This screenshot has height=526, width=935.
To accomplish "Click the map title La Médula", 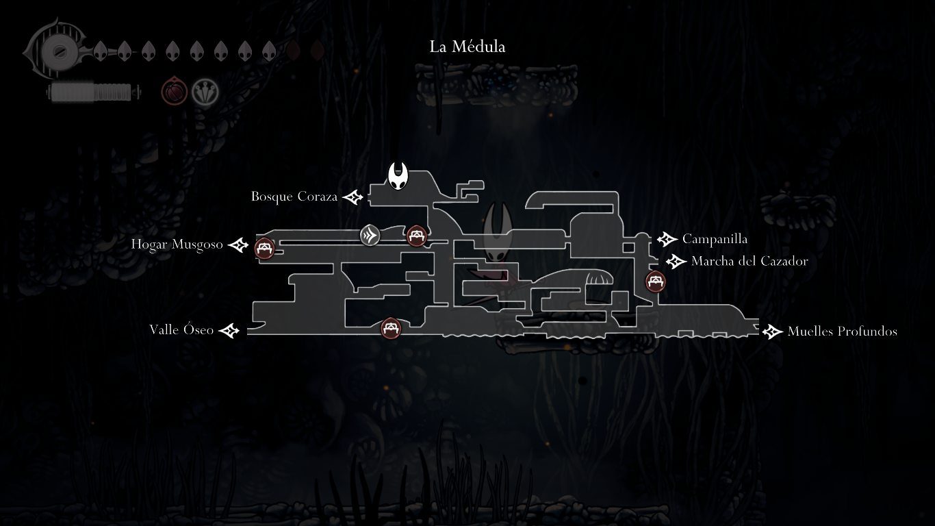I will pos(467,47).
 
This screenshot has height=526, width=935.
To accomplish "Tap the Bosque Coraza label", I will pos(294,197).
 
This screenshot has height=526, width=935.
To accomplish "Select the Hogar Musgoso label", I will pos(177,245).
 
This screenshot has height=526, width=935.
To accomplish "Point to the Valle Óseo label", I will pos(181,330).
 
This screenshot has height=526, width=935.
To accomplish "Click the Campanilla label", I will pos(715,239).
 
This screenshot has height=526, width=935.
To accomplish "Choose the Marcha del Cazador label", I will pos(750,261).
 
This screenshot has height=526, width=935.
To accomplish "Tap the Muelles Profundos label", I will pos(842,331).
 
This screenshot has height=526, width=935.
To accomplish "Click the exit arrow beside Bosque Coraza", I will pos(353,197).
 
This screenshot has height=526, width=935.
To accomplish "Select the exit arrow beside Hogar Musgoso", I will pos(238,245).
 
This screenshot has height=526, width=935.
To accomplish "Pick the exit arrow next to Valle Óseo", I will pos(229,331).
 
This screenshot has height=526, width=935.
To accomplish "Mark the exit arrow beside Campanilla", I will pos(667,239).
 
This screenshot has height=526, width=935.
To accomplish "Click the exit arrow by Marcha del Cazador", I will pos(676,261).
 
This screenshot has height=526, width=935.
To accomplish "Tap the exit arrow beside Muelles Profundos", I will pos(772,331).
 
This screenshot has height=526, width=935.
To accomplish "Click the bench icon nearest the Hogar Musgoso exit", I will pos(265,248).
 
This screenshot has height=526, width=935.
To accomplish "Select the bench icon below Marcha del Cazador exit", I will pos(656,281).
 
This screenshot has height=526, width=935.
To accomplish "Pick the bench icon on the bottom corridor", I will pos(391,328).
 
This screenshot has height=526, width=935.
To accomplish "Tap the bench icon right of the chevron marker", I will pos(417,236).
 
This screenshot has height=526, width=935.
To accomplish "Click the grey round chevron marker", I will pos(370,235).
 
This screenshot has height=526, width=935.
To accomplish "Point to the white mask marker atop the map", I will pos(398,177).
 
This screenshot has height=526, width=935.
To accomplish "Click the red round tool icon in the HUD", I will pos(175,91).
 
